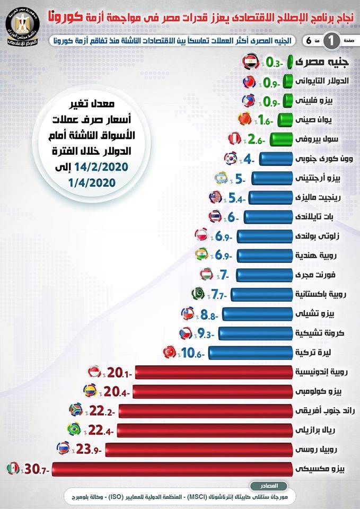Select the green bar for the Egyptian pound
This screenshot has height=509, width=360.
291,62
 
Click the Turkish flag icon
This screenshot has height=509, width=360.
171,352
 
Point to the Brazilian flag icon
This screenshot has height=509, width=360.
72,429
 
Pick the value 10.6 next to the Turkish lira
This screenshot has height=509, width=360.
191,352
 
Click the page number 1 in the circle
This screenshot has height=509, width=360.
332,40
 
